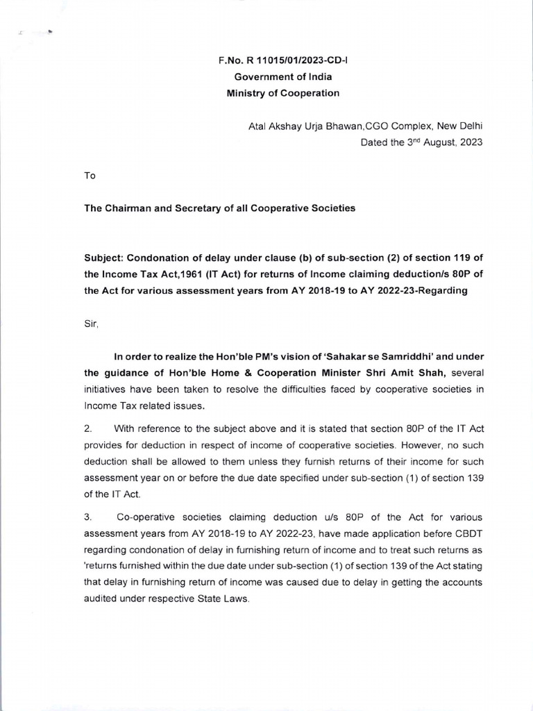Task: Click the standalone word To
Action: tap(89, 176)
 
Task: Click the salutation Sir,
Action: tap(90, 324)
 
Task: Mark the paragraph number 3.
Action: tap(87, 518)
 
